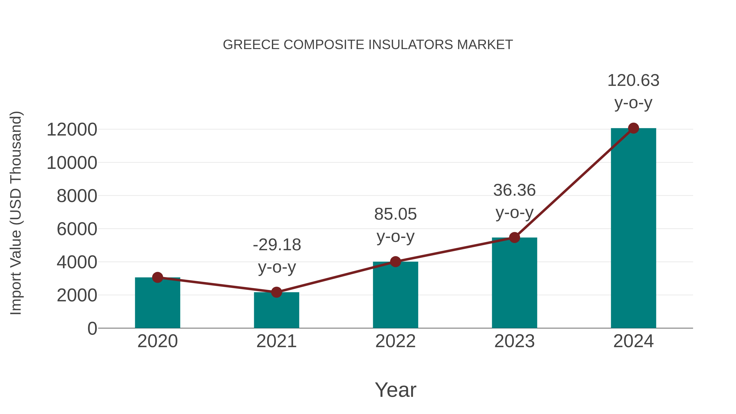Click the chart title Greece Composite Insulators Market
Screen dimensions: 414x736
(368, 45)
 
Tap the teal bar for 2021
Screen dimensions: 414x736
(276, 311)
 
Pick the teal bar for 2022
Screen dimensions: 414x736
(395, 296)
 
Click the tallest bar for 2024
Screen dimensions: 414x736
(633, 229)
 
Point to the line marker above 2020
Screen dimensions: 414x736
(157, 277)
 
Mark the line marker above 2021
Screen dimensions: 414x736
(276, 292)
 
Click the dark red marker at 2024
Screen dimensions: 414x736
(633, 128)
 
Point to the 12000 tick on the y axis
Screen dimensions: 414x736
(72, 130)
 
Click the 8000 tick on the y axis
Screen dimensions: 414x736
(77, 196)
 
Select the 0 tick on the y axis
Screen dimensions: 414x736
(92, 329)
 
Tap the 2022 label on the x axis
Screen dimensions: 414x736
(395, 341)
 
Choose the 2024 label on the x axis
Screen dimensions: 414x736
(633, 341)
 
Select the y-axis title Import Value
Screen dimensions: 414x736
(16, 213)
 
